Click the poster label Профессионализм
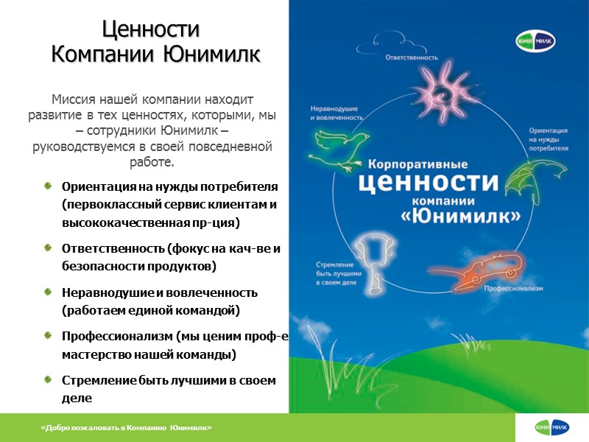pyautogui.click(x=513, y=289)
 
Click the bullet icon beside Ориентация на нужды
pyautogui.click(x=48, y=183)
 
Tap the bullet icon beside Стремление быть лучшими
pyautogui.click(x=48, y=380)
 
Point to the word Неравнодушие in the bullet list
pyautogui.click(x=102, y=292)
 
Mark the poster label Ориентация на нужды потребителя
pyautogui.click(x=548, y=138)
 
